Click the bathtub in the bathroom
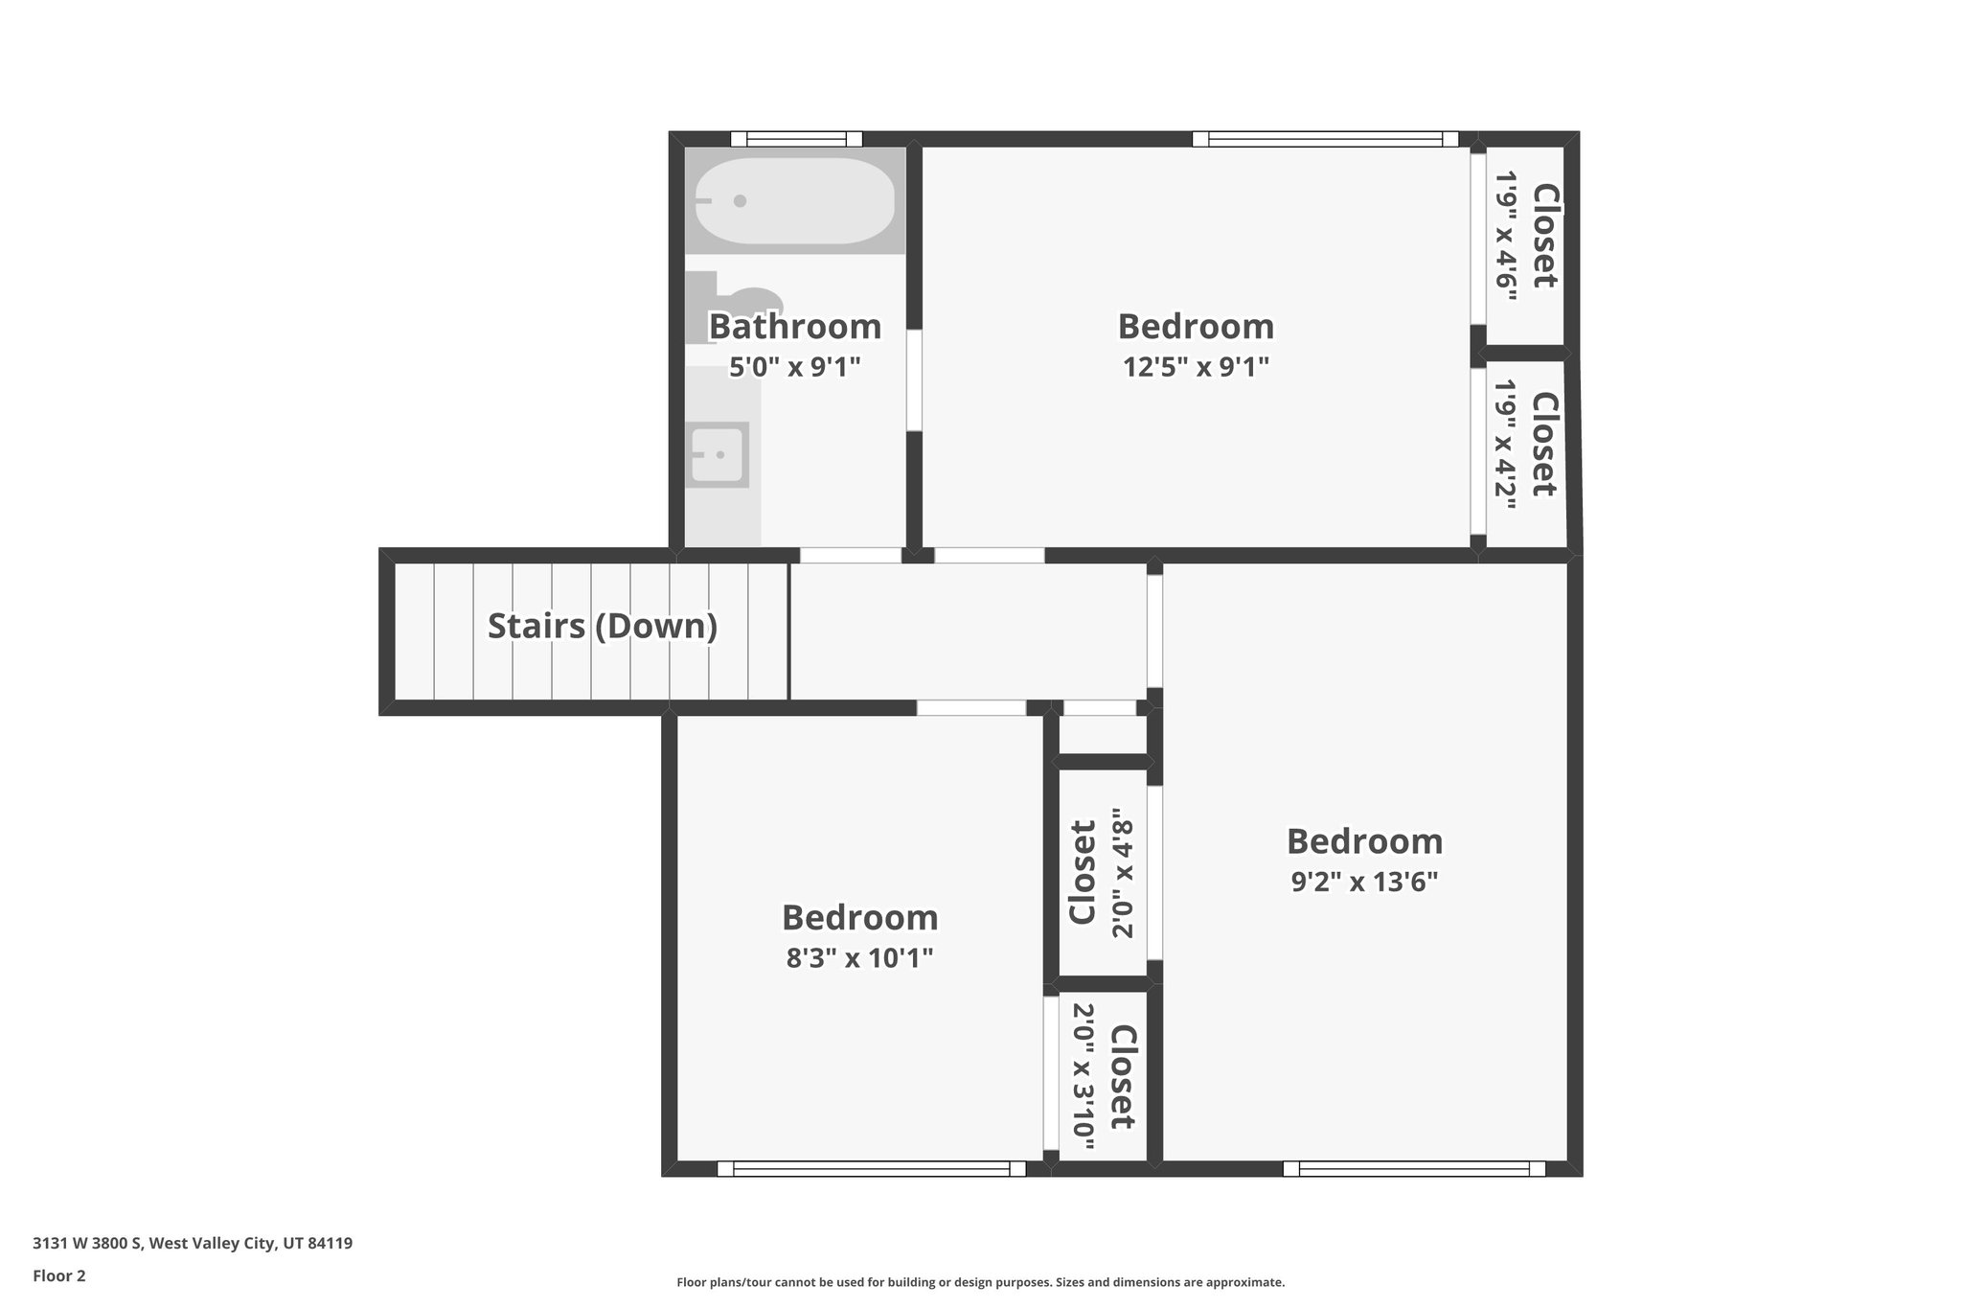794,201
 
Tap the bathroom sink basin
719,454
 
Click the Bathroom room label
794,327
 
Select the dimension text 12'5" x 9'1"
1196,367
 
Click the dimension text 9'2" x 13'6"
1364,882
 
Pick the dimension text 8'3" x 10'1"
859,958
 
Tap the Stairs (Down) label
602,627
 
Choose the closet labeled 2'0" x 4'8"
1101,873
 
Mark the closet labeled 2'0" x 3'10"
1102,1077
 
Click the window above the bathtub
795,139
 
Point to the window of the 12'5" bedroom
1325,139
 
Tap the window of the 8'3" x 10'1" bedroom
871,1169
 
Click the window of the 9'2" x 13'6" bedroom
1414,1169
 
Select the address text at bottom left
193,1243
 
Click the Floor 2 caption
59,1275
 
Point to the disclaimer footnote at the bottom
980,1282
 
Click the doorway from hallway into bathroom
850,555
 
